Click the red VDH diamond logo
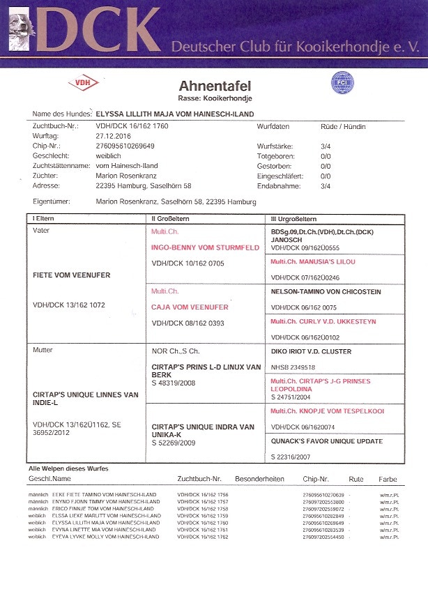click(x=83, y=83)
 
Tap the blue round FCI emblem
click(x=342, y=82)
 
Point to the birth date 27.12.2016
click(x=113, y=137)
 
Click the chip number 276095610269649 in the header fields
click(x=125, y=146)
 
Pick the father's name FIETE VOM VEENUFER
click(x=71, y=275)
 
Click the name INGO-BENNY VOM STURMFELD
click(x=205, y=247)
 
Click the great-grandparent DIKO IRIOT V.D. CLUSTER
click(x=311, y=351)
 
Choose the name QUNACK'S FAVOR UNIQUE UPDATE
click(x=327, y=441)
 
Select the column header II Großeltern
click(x=175, y=219)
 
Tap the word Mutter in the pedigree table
click(x=43, y=350)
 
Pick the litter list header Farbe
click(x=388, y=480)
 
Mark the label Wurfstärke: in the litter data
click(x=276, y=146)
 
